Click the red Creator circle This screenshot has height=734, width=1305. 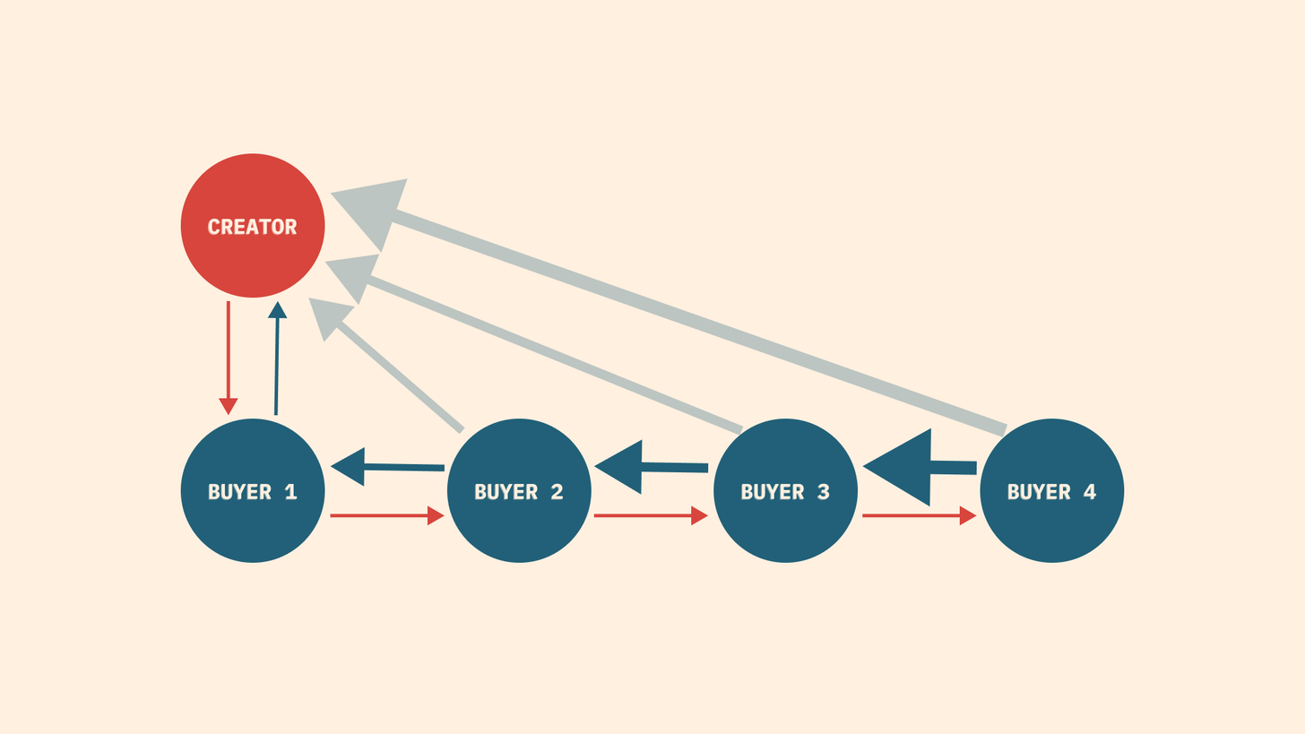252,226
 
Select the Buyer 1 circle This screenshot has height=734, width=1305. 252,490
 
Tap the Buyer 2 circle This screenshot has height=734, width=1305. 519,490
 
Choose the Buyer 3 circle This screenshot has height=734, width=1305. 785,490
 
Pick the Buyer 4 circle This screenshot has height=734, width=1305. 1051,490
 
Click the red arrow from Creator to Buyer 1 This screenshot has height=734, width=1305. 229,358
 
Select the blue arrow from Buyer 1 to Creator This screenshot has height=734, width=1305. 277,358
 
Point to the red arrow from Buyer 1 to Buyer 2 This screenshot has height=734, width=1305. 387,515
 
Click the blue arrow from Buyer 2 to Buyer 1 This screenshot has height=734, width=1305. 387,467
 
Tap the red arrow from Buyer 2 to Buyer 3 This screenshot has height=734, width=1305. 651,515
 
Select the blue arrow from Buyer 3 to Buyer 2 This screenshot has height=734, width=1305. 651,467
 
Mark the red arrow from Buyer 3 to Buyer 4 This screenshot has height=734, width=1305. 920,515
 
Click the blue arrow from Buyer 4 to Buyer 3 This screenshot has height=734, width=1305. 920,467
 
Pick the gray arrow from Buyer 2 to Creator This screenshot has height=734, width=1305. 386,365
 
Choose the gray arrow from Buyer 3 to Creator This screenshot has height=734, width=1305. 533,344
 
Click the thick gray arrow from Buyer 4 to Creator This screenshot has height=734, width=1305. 669,307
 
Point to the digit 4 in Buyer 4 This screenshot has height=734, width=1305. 1090,492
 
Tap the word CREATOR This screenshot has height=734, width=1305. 252,227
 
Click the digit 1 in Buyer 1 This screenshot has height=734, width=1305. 290,492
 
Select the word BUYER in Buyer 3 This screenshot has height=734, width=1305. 773,492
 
